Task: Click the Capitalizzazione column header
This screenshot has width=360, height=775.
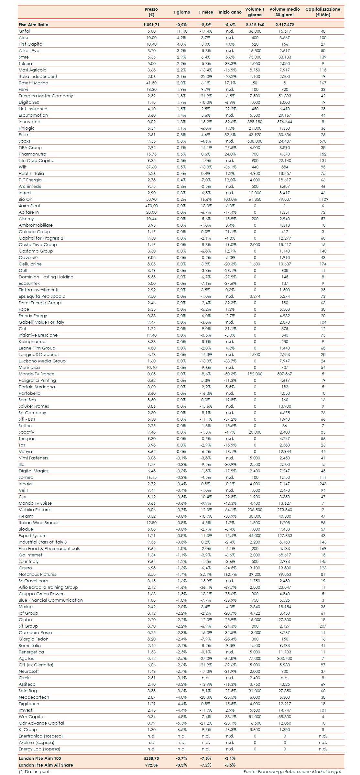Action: [x=322, y=12]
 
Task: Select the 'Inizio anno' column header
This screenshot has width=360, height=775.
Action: [x=230, y=12]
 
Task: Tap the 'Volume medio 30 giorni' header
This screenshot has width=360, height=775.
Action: [x=285, y=12]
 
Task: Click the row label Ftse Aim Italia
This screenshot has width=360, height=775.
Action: [x=34, y=25]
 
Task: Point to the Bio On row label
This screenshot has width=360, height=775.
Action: [x=26, y=199]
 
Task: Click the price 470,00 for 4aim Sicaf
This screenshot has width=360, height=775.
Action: [x=151, y=206]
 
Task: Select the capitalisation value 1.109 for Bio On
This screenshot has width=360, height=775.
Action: [x=323, y=199]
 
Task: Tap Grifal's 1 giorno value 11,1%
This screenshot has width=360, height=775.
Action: [x=181, y=31]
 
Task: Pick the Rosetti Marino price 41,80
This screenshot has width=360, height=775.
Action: [x=151, y=83]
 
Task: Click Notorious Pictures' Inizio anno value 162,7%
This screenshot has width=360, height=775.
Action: [x=230, y=574]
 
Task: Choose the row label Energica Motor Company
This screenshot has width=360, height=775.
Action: [x=46, y=96]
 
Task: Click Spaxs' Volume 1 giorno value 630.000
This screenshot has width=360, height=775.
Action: [x=255, y=141]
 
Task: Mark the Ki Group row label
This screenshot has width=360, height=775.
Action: [x=28, y=729]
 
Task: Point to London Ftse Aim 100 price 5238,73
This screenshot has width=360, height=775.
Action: [x=151, y=758]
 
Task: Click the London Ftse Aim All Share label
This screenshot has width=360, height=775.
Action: [x=46, y=765]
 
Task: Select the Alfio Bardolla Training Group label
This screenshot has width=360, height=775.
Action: [x=48, y=587]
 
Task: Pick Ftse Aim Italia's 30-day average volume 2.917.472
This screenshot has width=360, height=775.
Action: [x=285, y=25]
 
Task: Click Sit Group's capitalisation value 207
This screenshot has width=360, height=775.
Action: [x=323, y=626]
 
